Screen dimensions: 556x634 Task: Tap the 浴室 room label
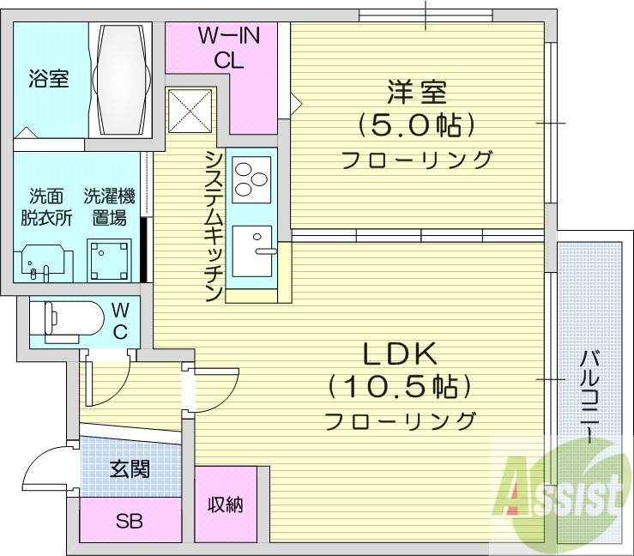click(x=50, y=80)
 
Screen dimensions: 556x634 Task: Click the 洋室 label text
click(x=416, y=92)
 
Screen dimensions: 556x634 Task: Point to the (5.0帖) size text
click(x=416, y=125)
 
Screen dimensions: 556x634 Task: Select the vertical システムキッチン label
click(x=214, y=226)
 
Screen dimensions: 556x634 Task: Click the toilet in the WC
click(x=68, y=320)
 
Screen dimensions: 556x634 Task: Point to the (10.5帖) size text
click(x=399, y=387)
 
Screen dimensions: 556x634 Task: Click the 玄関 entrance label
click(x=130, y=469)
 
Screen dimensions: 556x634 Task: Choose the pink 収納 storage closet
click(x=226, y=504)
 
